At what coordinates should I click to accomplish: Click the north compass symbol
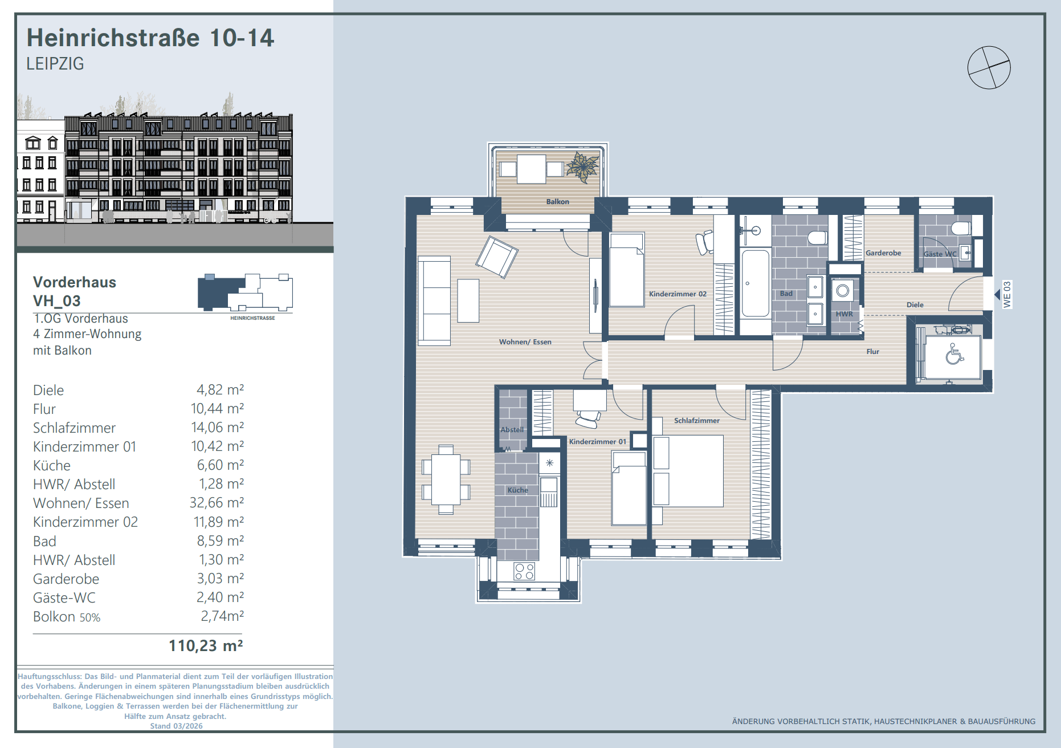pyautogui.click(x=989, y=67)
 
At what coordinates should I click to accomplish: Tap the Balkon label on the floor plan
pyautogui.click(x=557, y=201)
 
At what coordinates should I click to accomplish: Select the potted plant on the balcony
pyautogui.click(x=583, y=167)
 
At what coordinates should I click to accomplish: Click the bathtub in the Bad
pyautogui.click(x=756, y=283)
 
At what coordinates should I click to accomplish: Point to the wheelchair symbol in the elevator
pyautogui.click(x=954, y=355)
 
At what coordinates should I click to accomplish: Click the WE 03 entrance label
pyautogui.click(x=1007, y=294)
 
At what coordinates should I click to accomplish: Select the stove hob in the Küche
pyautogui.click(x=524, y=571)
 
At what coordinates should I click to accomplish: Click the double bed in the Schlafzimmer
pyautogui.click(x=688, y=471)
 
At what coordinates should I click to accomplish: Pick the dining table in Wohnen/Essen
pyautogui.click(x=446, y=479)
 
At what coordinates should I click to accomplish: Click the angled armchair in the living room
pyautogui.click(x=497, y=257)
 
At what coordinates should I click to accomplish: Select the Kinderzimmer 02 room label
pyautogui.click(x=678, y=294)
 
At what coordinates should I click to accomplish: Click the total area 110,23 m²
pyautogui.click(x=206, y=646)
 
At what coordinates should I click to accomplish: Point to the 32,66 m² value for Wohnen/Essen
pyautogui.click(x=217, y=503)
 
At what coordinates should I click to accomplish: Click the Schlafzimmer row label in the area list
pyautogui.click(x=74, y=428)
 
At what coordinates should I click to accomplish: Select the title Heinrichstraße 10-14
pyautogui.click(x=150, y=38)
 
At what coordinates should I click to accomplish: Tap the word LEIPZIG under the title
pyautogui.click(x=55, y=63)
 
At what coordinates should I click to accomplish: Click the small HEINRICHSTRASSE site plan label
pyautogui.click(x=252, y=318)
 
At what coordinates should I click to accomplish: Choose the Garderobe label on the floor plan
pyautogui.click(x=883, y=253)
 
